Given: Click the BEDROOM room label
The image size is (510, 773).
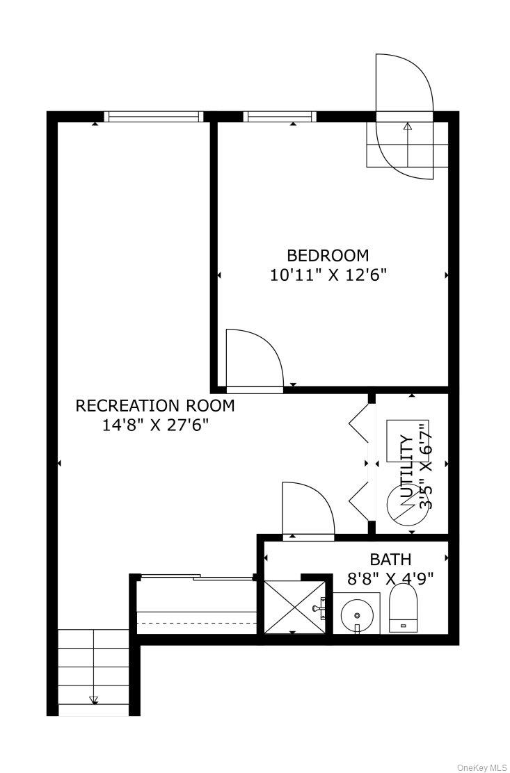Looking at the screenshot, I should point(328,255).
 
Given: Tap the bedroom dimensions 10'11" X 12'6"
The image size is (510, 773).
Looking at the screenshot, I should point(328,275).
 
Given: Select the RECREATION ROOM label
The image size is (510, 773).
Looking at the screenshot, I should point(155,405).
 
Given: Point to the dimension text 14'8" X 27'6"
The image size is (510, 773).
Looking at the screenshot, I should point(155,425).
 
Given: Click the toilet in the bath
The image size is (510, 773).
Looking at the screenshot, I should point(404,608).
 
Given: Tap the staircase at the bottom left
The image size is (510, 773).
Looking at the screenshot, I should point(93,670).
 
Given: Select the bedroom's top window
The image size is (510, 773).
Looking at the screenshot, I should point(279,117).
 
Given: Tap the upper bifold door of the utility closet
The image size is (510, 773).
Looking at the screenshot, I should point(360,424).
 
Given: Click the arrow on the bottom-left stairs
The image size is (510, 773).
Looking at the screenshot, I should point(94,700).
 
